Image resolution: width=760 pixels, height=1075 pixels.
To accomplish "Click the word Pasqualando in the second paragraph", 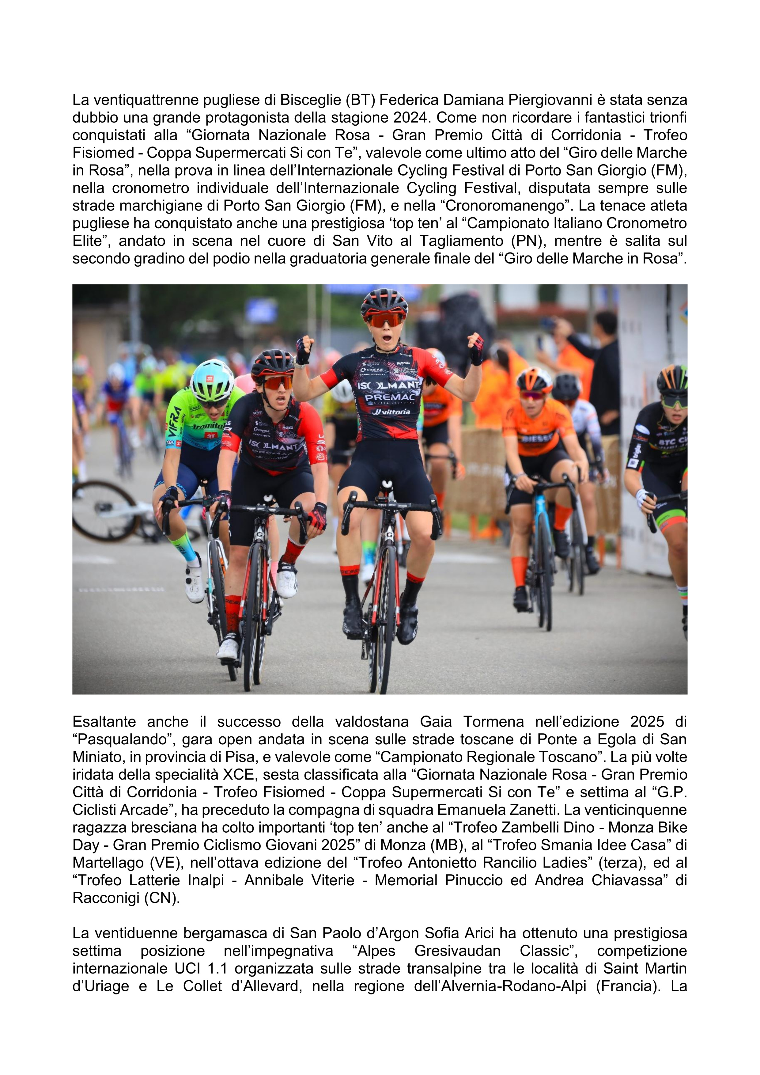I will click(x=123, y=739).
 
